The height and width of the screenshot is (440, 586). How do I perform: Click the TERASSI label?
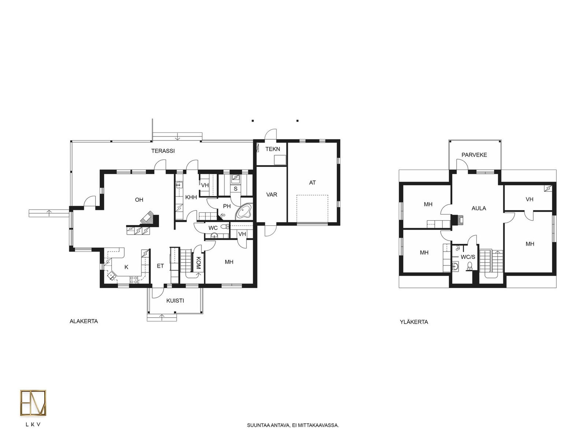[163, 151]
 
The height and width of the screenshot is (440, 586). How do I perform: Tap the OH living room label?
[139, 200]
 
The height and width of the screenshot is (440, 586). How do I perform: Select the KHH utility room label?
[191, 197]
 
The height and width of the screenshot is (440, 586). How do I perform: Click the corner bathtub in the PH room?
[244, 211]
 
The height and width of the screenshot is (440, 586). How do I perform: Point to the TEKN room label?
[272, 149]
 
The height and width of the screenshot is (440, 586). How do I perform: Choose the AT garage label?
[312, 183]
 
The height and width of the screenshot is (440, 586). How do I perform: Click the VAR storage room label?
[271, 195]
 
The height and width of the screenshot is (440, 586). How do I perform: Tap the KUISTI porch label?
[175, 301]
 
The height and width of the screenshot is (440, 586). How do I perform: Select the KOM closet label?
[199, 263]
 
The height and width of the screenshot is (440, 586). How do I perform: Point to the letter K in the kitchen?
[126, 267]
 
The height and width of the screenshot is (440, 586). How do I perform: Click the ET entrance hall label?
[160, 266]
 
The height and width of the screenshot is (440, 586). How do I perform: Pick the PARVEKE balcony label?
[474, 155]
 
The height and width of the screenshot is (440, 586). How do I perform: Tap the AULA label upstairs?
[479, 208]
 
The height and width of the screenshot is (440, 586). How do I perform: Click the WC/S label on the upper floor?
[468, 257]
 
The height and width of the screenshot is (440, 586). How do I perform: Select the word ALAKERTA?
[84, 322]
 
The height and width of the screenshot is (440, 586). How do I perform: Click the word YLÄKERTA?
[414, 322]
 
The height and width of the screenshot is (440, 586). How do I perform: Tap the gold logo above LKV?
[33, 403]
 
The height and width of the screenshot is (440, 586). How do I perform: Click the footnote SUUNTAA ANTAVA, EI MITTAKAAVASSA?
[293, 425]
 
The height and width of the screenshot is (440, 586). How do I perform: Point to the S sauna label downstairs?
[235, 189]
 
